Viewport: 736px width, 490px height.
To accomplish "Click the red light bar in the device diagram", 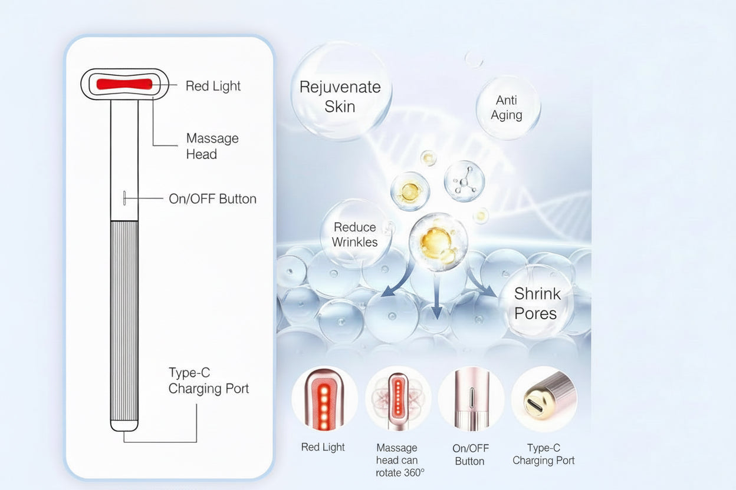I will pos(124,84).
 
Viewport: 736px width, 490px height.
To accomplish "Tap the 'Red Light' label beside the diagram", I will pos(213,86).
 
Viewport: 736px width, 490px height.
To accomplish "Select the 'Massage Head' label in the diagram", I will pos(212,146).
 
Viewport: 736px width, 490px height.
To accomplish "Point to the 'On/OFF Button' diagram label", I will pos(212,199).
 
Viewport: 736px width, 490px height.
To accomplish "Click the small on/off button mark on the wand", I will pos(124,198).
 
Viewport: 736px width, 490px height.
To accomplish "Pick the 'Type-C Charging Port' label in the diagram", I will pos(208,380).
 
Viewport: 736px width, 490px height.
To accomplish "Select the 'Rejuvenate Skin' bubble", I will pos(340,96).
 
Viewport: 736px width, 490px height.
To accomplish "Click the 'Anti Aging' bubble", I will pos(507,108).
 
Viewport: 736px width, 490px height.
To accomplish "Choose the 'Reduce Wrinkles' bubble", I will pos(354,234).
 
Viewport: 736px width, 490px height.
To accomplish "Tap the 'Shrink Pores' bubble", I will pos(536,303).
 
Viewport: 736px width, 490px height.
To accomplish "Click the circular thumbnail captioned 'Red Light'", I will pos(324,399).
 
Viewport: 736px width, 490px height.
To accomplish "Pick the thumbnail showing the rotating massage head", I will pos(397,399).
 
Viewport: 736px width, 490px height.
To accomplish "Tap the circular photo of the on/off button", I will pos(470,399).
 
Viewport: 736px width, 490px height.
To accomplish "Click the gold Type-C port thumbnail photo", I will pos(543,399).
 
